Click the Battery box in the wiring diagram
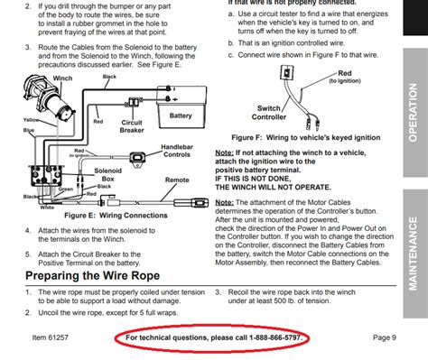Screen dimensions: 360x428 click(x=181, y=115)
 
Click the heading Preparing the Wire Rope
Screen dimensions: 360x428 click(x=106, y=275)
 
